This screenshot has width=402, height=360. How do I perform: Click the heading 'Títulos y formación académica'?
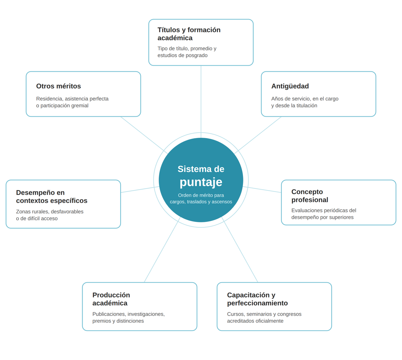(x=189, y=34)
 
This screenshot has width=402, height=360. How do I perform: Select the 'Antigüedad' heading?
(x=290, y=86)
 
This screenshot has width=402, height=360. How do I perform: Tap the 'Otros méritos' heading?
(x=59, y=86)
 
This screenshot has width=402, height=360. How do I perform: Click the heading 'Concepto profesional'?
(x=310, y=196)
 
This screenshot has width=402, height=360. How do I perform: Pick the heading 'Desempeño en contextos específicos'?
(x=52, y=196)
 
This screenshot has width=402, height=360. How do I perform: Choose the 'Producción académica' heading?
(x=111, y=299)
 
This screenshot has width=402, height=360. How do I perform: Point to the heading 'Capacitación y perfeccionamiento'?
(x=257, y=299)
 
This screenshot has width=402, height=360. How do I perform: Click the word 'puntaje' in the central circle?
(x=201, y=182)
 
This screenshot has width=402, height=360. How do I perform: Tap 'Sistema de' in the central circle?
(x=201, y=169)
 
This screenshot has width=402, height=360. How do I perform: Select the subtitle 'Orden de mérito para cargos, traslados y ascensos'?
(x=201, y=198)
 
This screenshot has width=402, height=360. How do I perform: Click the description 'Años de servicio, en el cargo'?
(x=305, y=99)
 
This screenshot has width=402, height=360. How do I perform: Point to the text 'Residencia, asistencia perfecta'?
(x=72, y=99)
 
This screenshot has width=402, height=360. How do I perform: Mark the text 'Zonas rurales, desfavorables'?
(x=50, y=212)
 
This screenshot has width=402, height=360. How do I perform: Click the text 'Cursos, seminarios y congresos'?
(x=264, y=314)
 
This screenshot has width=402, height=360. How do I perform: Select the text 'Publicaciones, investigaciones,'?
(x=128, y=314)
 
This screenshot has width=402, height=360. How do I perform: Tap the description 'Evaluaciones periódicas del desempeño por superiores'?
(x=323, y=214)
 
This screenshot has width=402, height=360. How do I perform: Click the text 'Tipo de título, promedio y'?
(x=187, y=48)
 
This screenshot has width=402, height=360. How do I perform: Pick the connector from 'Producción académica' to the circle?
(x=162, y=250)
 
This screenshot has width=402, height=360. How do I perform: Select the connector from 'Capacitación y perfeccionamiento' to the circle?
(x=240, y=250)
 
